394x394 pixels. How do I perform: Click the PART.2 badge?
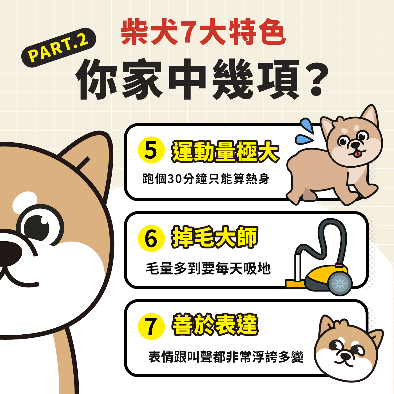(58, 48)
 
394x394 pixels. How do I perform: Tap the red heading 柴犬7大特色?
(203, 32)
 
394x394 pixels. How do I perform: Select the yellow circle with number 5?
(151, 150)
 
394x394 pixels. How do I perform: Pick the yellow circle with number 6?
(151, 238)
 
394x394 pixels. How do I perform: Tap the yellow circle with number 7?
(151, 326)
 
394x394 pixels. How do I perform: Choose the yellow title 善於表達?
(215, 325)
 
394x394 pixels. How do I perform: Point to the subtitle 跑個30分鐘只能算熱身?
(206, 179)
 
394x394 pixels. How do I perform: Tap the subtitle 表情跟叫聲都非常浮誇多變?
(226, 357)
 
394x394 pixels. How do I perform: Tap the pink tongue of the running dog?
(357, 154)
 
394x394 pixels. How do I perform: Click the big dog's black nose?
(8, 253)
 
